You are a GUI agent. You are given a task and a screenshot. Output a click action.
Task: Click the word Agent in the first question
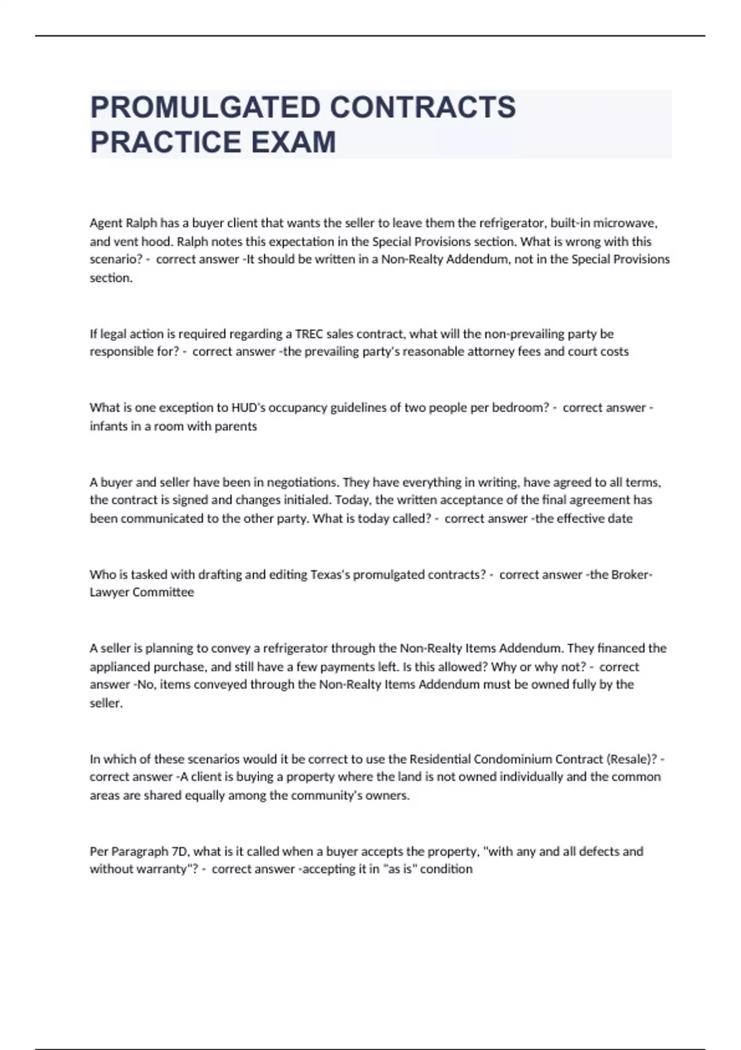pyautogui.click(x=106, y=223)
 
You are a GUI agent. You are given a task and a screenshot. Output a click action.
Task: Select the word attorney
pyautogui.click(x=460, y=352)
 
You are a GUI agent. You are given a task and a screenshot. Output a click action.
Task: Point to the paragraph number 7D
pyautogui.click(x=179, y=852)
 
